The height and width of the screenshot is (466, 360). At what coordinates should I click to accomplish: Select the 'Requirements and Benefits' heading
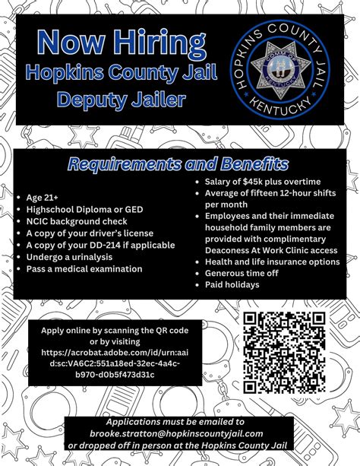[178, 163]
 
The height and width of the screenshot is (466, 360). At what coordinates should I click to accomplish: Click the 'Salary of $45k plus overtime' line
[262, 181]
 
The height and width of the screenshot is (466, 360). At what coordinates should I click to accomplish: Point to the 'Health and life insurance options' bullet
[272, 260]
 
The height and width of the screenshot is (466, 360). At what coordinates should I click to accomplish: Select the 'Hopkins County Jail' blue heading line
[119, 72]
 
